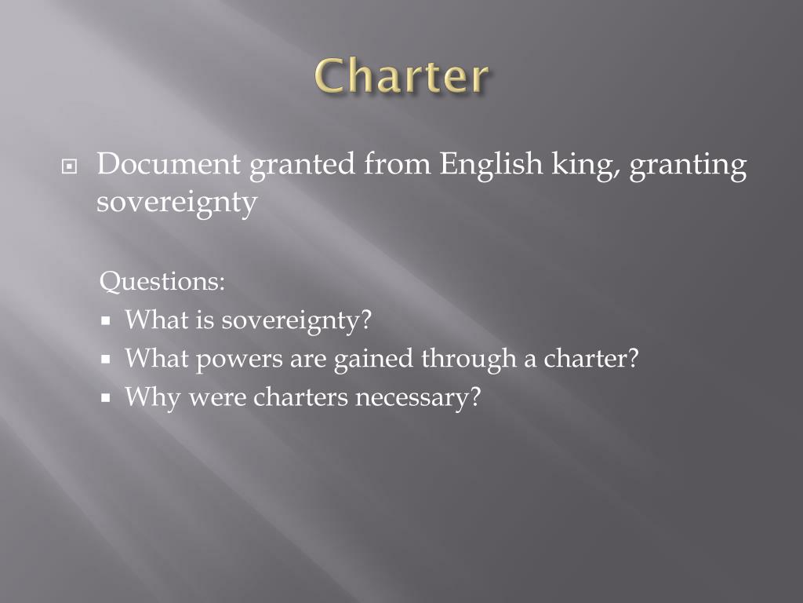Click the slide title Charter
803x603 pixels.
pyautogui.click(x=402, y=77)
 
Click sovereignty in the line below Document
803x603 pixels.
pyautogui.click(x=176, y=202)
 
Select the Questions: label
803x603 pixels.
pyautogui.click(x=163, y=282)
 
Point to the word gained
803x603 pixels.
pyautogui.click(x=374, y=359)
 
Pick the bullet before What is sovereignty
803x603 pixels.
pyautogui.click(x=107, y=321)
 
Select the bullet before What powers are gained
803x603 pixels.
pyautogui.click(x=107, y=360)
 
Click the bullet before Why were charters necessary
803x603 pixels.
pyautogui.click(x=107, y=398)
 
